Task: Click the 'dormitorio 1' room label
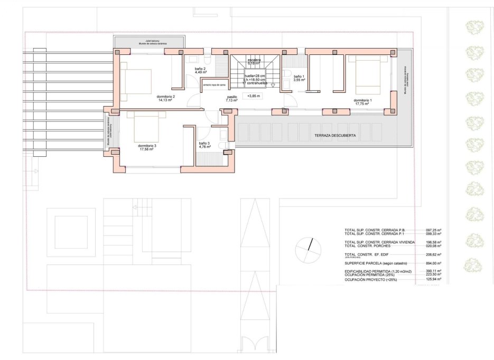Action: click(x=362, y=100)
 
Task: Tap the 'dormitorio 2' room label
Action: click(x=166, y=97)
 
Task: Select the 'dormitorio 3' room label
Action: click(x=146, y=146)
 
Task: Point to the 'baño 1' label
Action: click(x=300, y=77)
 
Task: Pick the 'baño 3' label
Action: click(x=204, y=144)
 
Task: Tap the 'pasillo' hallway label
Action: click(x=232, y=97)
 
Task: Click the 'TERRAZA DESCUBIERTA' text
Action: click(x=334, y=136)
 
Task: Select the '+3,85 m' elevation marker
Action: click(x=254, y=96)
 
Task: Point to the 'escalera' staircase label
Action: click(x=254, y=60)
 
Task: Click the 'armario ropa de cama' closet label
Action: click(x=215, y=85)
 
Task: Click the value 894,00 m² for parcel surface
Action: click(x=433, y=263)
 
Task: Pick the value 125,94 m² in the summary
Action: click(x=433, y=279)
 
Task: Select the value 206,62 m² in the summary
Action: click(x=433, y=254)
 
